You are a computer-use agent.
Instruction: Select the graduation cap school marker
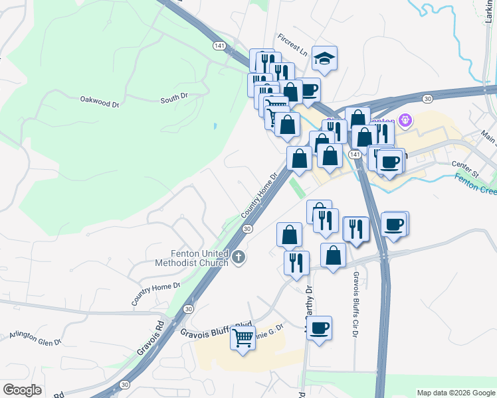(x=324, y=60)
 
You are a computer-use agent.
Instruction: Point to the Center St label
(x=464, y=165)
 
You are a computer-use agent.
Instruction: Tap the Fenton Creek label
(x=476, y=182)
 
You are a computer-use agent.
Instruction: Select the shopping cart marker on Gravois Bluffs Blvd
(x=243, y=338)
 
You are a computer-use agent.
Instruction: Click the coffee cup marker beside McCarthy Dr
(x=320, y=328)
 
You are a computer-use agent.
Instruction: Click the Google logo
(x=22, y=390)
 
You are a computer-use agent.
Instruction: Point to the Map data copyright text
(x=455, y=393)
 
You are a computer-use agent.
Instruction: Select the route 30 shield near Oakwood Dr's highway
(x=428, y=98)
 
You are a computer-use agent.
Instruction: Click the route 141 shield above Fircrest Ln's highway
(x=220, y=46)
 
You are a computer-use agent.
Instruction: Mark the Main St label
(x=490, y=138)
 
